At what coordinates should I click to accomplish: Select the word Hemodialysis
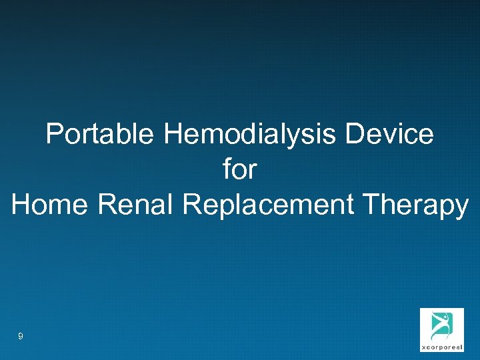(x=250, y=135)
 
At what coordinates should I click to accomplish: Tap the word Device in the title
(x=389, y=135)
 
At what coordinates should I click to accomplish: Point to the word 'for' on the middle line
(x=240, y=169)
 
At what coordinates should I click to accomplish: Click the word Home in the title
(x=51, y=204)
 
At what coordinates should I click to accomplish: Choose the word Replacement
(x=267, y=204)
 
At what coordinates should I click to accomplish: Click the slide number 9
(x=21, y=337)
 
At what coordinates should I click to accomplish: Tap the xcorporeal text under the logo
(x=441, y=347)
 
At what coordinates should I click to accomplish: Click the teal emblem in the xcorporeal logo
(x=441, y=325)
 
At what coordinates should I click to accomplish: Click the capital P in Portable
(x=54, y=135)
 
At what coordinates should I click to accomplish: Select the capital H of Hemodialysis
(x=171, y=135)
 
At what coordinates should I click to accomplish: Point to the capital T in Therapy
(x=369, y=204)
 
